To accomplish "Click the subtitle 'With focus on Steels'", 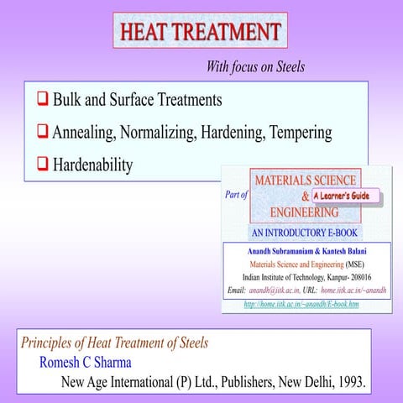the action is (255, 66).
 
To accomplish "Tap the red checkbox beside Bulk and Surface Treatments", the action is (41, 101).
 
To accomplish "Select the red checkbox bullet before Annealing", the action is (41, 133).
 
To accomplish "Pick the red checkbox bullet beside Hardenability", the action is (41, 165).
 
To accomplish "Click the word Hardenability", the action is (92, 165).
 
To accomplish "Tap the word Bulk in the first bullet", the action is (68, 101).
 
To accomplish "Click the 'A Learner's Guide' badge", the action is (346, 196).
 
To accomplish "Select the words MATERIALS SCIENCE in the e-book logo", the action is (305, 180).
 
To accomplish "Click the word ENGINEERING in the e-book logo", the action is (305, 213).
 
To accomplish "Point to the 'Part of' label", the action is (237, 195).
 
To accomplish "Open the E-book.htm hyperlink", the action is (301, 304).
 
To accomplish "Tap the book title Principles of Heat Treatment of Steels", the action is (113, 343).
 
